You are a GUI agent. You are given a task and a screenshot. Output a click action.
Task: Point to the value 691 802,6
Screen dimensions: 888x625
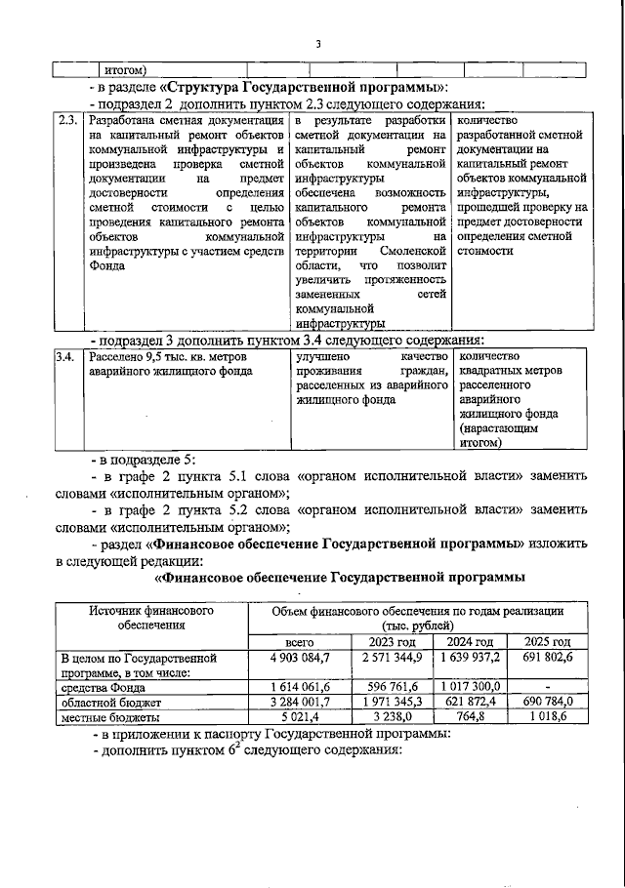coord(546,659)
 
